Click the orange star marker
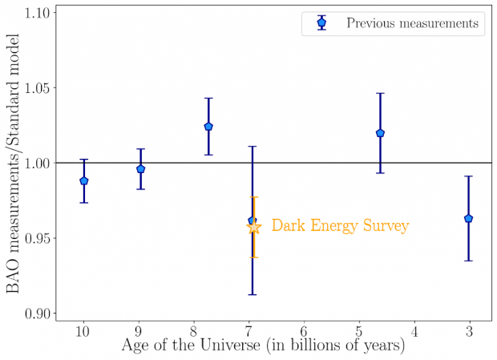tap(254, 227)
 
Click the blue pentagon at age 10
tap(84, 180)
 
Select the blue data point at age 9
tap(140, 168)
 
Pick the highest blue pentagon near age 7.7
tap(208, 127)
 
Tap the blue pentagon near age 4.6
tap(380, 133)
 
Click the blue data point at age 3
tap(468, 218)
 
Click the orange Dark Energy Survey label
tap(340, 226)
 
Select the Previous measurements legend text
tap(412, 23)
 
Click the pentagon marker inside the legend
tap(321, 22)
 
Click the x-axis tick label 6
tap(304, 330)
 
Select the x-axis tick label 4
tap(414, 330)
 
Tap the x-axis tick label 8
tap(193, 330)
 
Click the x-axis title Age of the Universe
tap(263, 347)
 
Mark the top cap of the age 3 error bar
tap(468, 176)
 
